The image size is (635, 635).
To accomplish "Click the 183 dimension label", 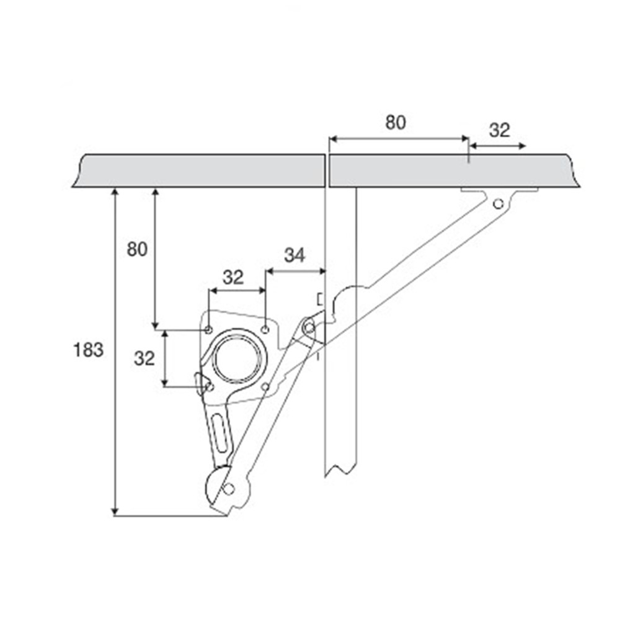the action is point(88,350).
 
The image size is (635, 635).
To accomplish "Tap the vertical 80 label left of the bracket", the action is point(137,249).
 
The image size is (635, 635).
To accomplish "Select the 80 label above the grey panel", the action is point(395,122).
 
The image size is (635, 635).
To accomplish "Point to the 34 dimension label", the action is point(295,255).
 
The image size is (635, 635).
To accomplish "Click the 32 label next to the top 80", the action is point(499,130).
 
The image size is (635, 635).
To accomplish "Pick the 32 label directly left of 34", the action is point(233,277).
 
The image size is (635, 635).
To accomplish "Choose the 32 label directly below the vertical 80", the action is point(144,359).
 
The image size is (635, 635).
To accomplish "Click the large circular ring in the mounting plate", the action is point(234,358).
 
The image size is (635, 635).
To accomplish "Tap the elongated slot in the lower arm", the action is point(220,432).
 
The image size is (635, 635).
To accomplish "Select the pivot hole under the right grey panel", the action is point(498,203).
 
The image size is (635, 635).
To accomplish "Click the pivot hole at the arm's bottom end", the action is point(229,489).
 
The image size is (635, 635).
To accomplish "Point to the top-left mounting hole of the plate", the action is point(208,330).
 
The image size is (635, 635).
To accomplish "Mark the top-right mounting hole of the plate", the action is point(265,330).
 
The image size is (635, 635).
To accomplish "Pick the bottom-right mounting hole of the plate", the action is point(265,387).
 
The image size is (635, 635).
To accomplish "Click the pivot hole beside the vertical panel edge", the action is point(309,327).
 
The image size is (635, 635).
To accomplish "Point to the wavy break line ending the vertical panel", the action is point(341,471).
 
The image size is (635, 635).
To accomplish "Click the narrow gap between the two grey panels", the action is point(327,171).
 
